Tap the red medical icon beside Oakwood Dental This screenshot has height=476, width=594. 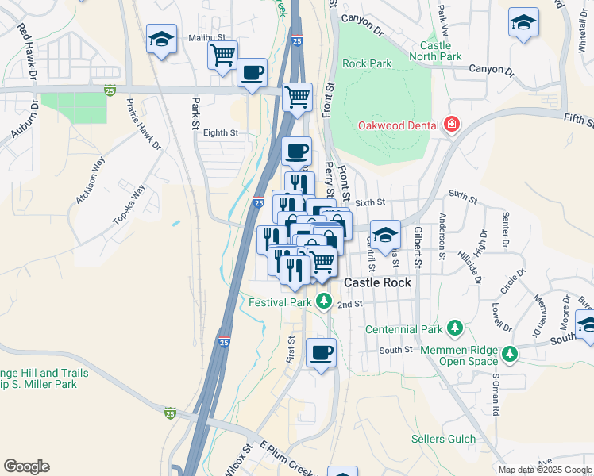tap(452, 125)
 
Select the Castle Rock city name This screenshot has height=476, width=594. tap(377, 282)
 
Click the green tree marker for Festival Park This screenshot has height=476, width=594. tap(323, 301)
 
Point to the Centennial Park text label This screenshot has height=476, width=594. tap(403, 329)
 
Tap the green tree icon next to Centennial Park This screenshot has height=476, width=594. tap(454, 327)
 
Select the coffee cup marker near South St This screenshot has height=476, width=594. tap(321, 353)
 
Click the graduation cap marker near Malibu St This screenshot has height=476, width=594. tap(162, 39)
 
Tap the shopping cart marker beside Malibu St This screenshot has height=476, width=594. tap(222, 56)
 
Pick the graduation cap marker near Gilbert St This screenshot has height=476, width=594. tap(385, 235)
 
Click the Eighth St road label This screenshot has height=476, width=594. tap(221, 133)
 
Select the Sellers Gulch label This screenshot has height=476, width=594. tap(443, 439)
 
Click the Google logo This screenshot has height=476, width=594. tap(26, 466)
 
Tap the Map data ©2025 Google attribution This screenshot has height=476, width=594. tap(544, 470)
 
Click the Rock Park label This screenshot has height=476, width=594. tap(367, 63)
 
